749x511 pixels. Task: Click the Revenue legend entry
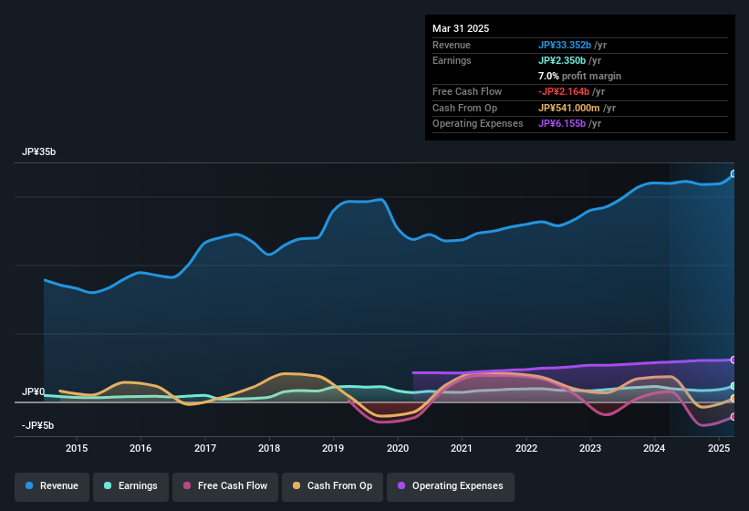52,485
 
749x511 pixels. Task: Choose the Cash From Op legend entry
332,485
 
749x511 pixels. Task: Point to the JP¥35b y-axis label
39,152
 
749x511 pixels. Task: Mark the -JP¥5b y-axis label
38,425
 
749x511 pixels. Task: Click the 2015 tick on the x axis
77,448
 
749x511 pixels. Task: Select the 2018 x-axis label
269,448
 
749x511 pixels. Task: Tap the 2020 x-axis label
398,448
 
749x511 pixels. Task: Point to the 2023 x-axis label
590,448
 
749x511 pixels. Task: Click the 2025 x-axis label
719,448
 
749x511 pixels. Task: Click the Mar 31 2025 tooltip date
461,28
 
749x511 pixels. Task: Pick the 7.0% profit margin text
579,76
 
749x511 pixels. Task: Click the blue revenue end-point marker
733,173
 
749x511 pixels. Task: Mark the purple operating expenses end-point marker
733,360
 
